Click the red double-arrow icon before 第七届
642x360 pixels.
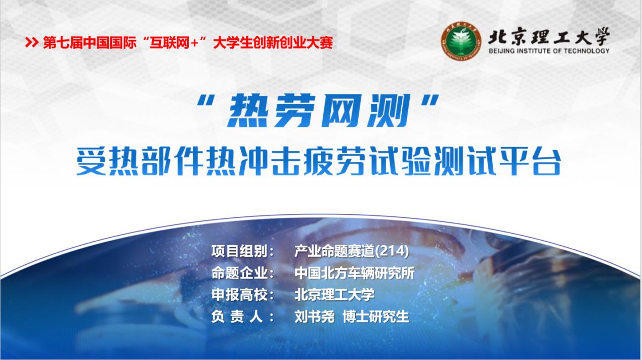32,43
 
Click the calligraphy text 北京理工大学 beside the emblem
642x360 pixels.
548,36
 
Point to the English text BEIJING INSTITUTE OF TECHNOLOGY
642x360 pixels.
549,51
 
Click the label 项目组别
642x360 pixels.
243,251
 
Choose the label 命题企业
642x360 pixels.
243,274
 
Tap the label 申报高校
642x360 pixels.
243,295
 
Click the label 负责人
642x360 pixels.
243,317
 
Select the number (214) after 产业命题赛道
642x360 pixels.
393,251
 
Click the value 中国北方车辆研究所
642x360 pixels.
354,274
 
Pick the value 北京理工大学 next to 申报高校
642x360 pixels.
334,295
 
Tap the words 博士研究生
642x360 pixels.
375,317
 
